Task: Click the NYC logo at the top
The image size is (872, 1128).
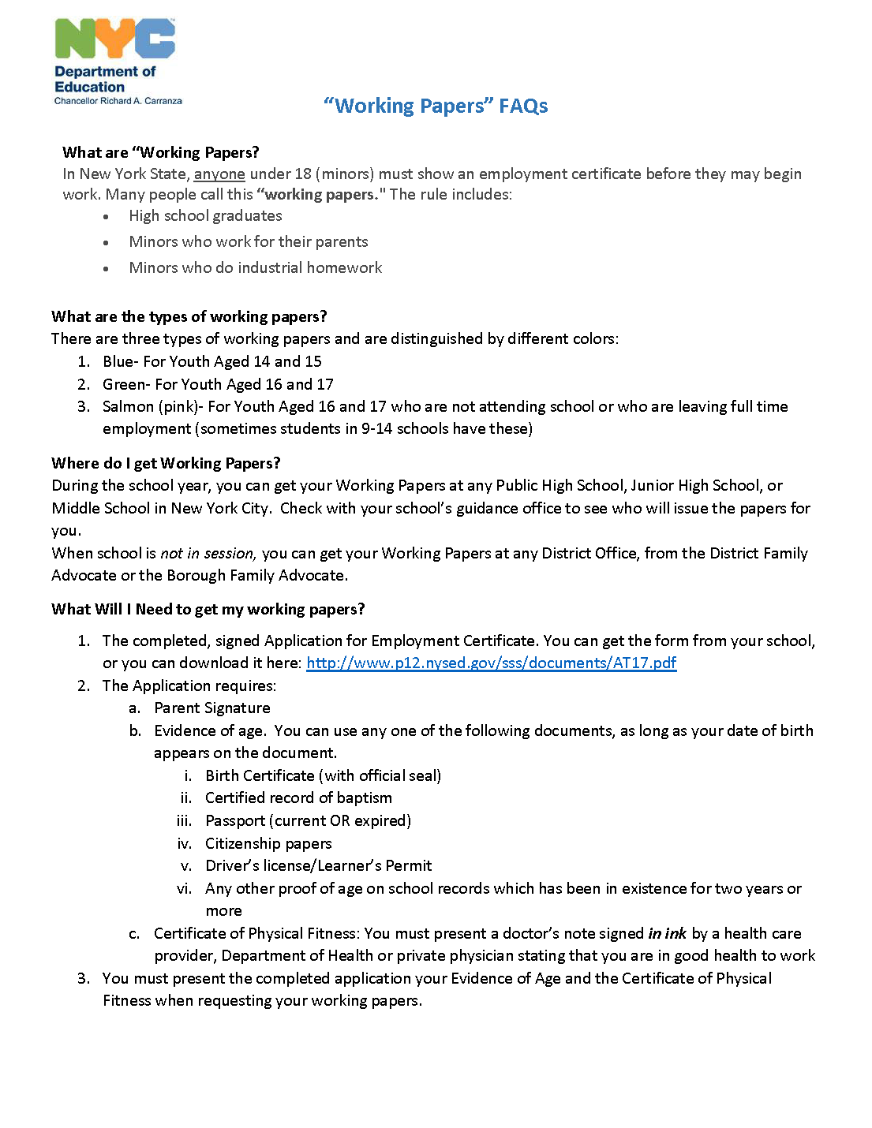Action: pos(114,39)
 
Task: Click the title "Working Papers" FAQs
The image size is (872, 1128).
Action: pos(436,106)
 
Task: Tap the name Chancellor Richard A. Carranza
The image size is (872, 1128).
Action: pos(118,101)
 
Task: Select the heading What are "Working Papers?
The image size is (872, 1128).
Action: pos(161,152)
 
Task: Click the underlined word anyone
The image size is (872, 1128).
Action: pos(219,174)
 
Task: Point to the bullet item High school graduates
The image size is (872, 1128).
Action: pos(205,215)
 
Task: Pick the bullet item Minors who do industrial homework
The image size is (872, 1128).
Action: pos(255,267)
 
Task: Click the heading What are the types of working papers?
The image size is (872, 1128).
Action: pos(189,316)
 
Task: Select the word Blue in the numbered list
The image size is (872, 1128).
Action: pos(118,361)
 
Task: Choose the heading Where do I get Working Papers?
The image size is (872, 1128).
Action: pos(166,463)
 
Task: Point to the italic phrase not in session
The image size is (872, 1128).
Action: pos(207,553)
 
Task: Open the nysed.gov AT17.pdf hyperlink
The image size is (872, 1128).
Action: pos(491,663)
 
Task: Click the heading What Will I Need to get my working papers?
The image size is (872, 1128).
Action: pos(208,609)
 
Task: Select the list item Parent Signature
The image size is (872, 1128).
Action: pos(211,708)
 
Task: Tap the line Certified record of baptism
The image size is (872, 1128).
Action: pos(298,797)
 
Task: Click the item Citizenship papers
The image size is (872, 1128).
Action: pos(268,843)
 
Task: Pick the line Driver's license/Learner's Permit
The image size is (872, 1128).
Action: pos(318,865)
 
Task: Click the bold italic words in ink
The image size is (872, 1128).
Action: pos(667,933)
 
